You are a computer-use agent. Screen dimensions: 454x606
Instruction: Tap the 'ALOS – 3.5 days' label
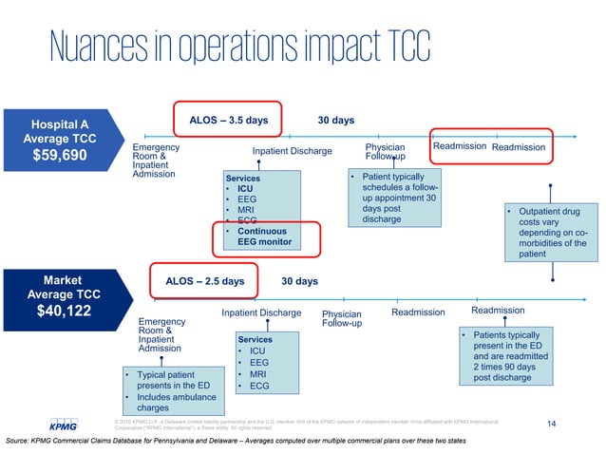(228, 121)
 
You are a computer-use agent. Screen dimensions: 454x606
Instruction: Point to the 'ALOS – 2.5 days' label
(204, 281)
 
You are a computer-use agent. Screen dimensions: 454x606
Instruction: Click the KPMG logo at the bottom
(66, 423)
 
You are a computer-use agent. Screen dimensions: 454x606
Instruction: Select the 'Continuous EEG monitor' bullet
(261, 236)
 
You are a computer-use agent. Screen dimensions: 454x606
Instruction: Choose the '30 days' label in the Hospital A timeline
(335, 121)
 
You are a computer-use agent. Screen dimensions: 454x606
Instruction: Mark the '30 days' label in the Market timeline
(300, 281)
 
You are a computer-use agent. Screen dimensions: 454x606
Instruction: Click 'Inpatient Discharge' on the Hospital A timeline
(292, 151)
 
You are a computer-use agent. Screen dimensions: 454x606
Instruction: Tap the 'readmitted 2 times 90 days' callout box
(502, 356)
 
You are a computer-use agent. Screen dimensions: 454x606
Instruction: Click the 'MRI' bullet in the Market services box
(256, 374)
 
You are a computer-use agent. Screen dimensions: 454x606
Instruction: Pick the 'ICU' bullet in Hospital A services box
(244, 188)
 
